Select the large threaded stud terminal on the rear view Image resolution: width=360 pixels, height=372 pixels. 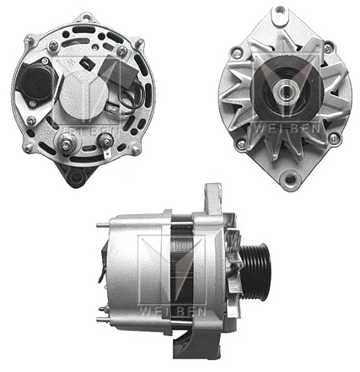(x=67, y=144)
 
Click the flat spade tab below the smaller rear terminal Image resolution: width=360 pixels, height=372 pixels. (x=107, y=154)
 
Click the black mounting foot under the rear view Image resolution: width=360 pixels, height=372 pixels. (x=74, y=175)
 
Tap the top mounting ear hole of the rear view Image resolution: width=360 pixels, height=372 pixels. (x=86, y=17)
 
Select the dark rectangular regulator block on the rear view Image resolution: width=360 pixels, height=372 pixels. (x=117, y=70)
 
